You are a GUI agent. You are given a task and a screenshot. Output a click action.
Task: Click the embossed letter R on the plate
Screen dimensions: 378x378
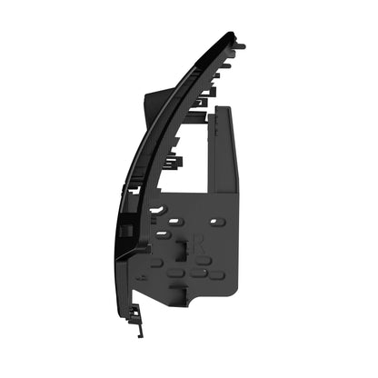198,244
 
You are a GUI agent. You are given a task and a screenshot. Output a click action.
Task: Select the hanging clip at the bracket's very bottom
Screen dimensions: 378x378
134,313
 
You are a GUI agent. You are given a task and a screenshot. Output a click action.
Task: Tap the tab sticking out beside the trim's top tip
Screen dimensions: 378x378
242,43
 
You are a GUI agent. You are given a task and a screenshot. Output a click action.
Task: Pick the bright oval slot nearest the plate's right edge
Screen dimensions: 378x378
214,221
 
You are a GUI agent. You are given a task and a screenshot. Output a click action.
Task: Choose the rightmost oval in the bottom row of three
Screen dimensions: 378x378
217,274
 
